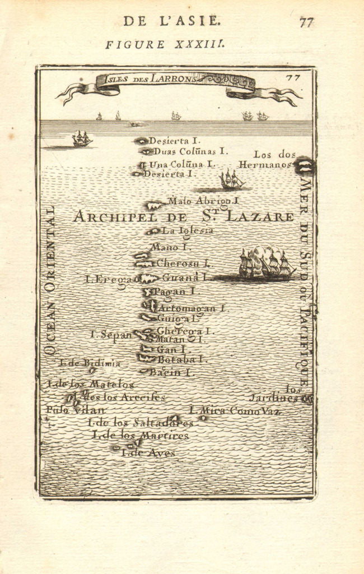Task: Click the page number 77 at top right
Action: click(306, 22)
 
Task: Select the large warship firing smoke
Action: click(265, 263)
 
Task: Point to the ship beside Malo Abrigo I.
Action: click(231, 180)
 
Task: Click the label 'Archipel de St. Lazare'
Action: click(183, 216)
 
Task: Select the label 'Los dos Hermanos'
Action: click(267, 159)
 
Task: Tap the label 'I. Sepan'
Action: click(111, 335)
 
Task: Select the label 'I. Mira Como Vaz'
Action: click(235, 411)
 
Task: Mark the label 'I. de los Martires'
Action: click(141, 435)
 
